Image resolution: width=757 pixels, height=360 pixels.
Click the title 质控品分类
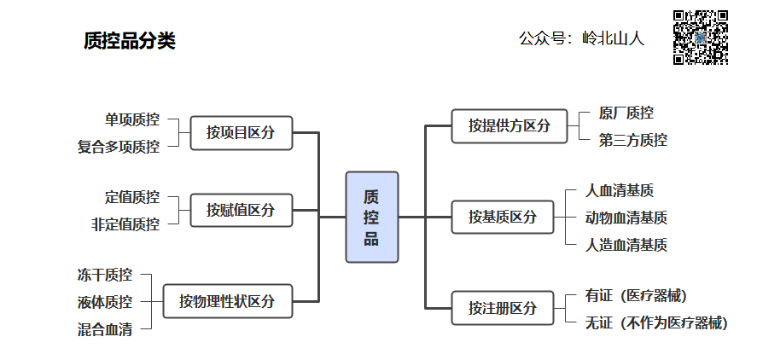(130, 41)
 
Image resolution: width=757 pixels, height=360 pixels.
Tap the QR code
(701, 38)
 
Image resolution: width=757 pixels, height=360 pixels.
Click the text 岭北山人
(613, 38)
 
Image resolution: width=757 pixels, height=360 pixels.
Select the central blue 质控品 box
(371, 217)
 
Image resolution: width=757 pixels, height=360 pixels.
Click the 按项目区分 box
(241, 133)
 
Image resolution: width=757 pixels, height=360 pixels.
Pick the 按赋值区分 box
(241, 210)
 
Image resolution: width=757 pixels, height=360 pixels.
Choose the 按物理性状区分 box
(227, 301)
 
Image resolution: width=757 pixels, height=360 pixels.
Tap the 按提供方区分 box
(509, 126)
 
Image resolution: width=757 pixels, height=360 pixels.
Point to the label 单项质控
(131, 119)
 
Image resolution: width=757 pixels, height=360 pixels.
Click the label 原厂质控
(626, 113)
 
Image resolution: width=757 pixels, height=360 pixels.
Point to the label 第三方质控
(632, 140)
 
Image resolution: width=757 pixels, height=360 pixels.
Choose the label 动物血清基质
(626, 218)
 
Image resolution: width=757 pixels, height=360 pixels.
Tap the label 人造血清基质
(626, 245)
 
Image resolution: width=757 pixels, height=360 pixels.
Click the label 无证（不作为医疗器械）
(656, 322)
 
